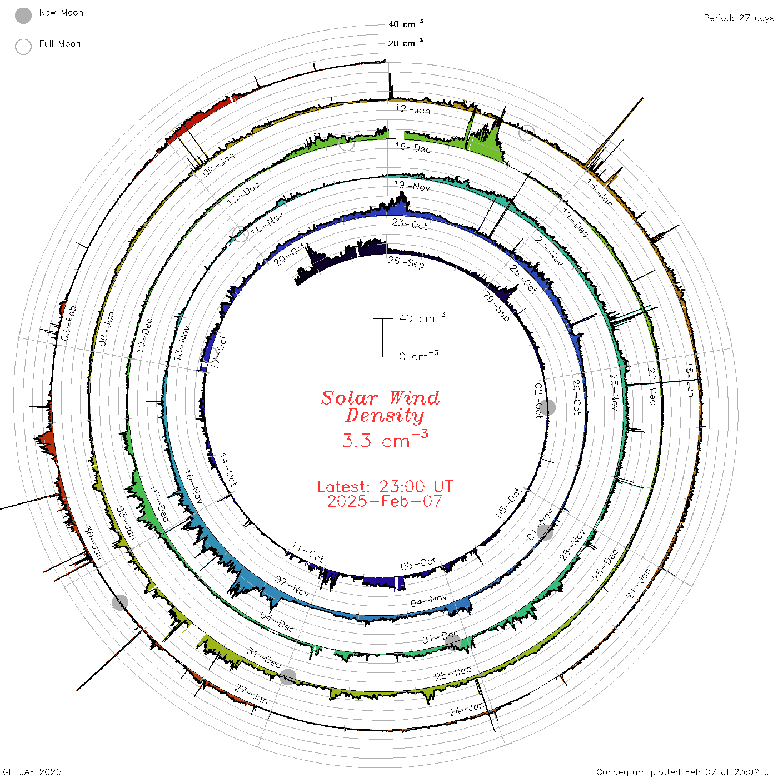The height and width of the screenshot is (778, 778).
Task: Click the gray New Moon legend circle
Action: pos(23,16)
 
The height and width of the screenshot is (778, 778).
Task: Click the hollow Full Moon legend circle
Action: pos(23,47)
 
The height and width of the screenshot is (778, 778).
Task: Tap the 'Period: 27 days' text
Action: pos(739,18)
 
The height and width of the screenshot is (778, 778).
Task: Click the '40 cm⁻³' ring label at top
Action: pos(405,24)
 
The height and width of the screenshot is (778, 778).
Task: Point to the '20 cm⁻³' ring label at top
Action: pos(405,43)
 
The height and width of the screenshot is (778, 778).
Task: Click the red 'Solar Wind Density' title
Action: pos(380,407)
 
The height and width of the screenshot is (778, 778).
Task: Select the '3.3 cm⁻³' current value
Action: pos(385,439)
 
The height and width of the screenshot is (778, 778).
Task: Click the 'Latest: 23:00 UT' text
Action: pos(385,486)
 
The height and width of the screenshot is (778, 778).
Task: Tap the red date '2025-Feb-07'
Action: pos(385,501)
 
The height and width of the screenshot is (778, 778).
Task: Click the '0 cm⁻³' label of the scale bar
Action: pos(418,356)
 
